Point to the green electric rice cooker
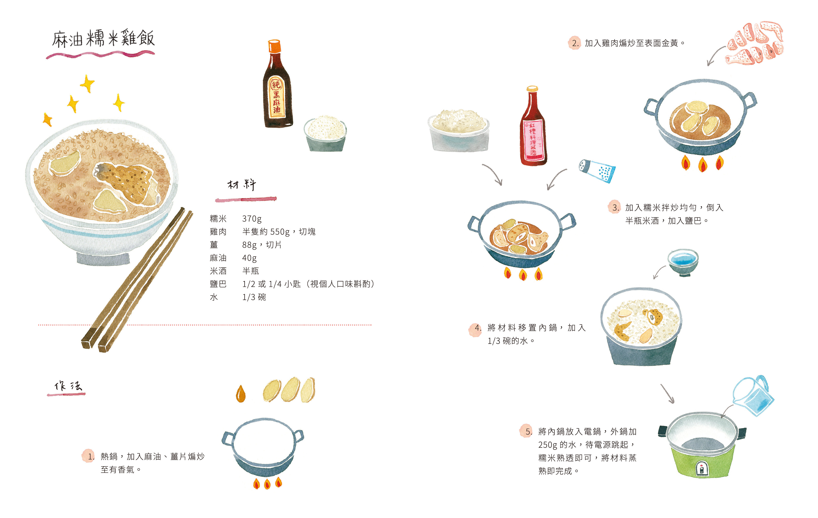click(x=702, y=445)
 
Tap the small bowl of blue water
click(x=683, y=262)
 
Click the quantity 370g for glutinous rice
click(x=252, y=219)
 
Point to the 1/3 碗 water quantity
click(x=254, y=297)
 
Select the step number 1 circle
click(x=89, y=456)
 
